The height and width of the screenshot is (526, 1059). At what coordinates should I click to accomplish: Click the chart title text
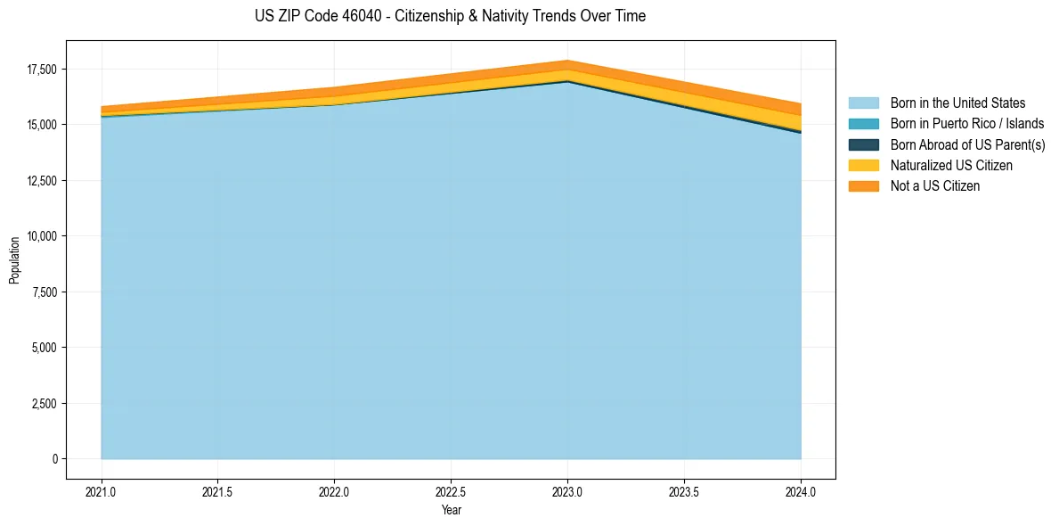click(450, 16)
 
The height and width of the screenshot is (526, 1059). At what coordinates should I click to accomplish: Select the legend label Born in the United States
click(957, 103)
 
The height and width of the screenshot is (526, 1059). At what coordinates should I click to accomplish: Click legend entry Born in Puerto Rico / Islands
click(967, 124)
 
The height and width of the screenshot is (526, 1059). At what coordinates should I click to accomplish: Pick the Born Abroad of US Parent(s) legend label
click(967, 144)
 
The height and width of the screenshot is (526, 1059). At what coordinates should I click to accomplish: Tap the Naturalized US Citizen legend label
click(951, 166)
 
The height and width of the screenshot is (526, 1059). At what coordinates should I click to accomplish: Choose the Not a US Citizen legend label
click(935, 186)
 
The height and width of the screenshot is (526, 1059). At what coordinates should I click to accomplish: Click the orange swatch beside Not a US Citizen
click(863, 186)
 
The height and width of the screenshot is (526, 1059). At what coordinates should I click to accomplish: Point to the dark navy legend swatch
click(863, 144)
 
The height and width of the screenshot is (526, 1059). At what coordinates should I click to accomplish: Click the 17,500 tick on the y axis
click(42, 70)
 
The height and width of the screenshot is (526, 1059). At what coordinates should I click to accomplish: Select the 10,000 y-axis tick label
click(42, 236)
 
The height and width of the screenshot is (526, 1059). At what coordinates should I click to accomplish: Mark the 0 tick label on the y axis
click(54, 459)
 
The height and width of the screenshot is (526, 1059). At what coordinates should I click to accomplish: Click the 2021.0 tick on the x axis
click(102, 491)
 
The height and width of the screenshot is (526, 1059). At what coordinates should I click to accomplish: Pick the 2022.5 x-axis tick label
click(451, 491)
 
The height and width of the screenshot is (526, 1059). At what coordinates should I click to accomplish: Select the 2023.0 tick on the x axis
click(567, 491)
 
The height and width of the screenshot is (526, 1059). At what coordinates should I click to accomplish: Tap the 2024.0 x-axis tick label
click(801, 491)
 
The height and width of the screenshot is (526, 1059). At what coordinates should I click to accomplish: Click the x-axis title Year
click(451, 510)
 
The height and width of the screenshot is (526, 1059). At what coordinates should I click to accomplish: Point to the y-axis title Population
click(14, 260)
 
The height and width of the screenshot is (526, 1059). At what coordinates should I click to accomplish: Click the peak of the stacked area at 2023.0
click(567, 62)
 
